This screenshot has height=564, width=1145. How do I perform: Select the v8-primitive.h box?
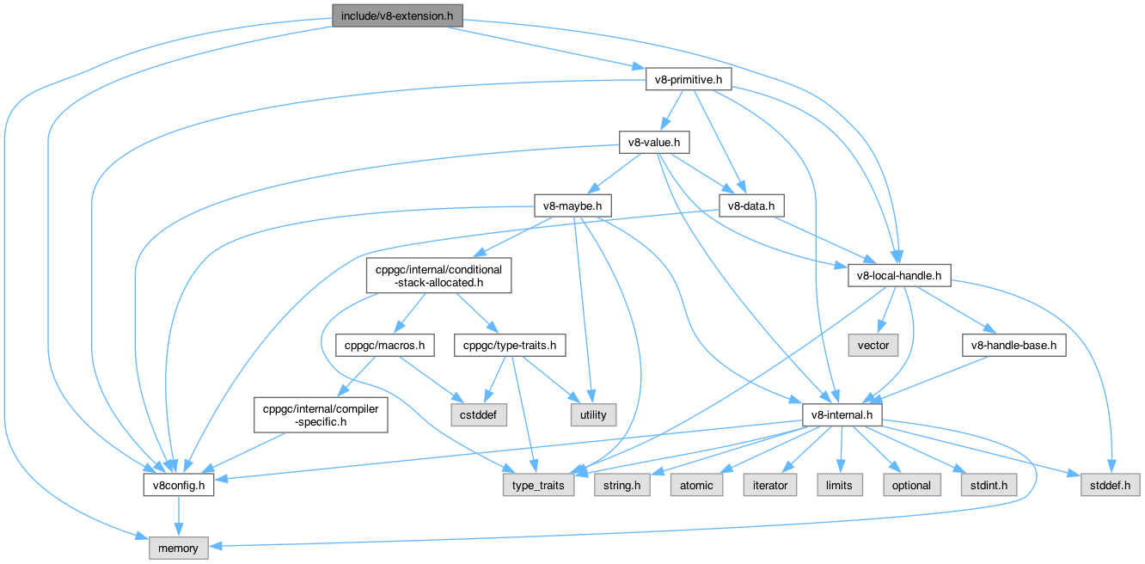[x=688, y=80]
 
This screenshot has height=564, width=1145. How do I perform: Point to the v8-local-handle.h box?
[x=899, y=276]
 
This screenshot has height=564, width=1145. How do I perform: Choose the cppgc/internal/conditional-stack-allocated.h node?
[x=438, y=275]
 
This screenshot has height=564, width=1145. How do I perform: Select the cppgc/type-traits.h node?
[x=510, y=346]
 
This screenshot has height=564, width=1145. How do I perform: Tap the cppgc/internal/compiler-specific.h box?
[x=320, y=415]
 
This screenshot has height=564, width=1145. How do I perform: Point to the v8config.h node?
[x=178, y=485]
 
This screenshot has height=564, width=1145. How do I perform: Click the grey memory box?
[x=179, y=548]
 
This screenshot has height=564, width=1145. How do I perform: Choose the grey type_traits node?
[x=538, y=485]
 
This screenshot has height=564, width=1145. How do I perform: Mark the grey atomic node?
[x=696, y=485]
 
